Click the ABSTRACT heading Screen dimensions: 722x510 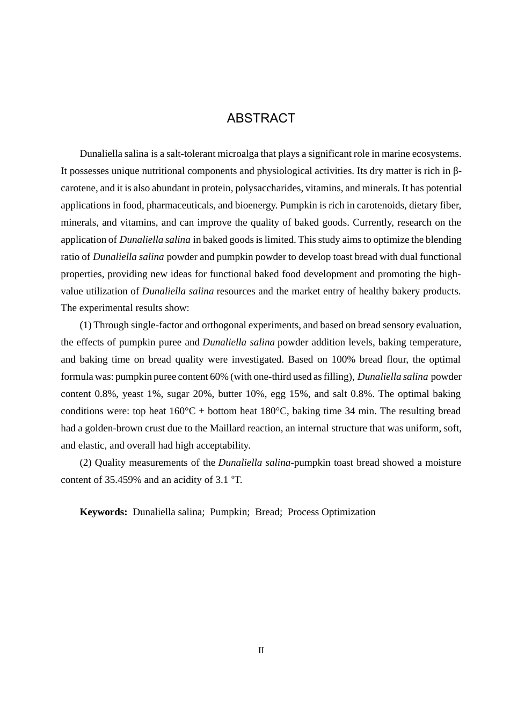point(261,118)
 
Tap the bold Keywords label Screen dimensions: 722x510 point(103,512)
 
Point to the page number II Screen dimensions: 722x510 point(261,651)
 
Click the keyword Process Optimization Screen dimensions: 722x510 point(331,512)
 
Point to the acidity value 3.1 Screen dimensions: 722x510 point(221,480)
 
